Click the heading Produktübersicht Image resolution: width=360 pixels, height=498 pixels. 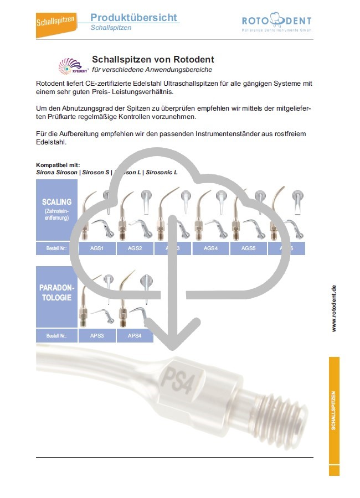click(135, 17)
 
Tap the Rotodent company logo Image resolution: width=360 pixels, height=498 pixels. click(276, 24)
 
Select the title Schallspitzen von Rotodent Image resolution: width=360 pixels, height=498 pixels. click(153, 59)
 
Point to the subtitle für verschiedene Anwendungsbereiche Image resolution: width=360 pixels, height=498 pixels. click(152, 70)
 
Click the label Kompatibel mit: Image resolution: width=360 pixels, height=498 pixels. click(58, 165)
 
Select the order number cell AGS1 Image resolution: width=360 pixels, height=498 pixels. click(97, 248)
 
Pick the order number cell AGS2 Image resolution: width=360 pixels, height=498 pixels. click(135, 248)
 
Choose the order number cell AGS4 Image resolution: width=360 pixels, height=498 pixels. click(210, 248)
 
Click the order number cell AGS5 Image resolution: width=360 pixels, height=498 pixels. click(248, 248)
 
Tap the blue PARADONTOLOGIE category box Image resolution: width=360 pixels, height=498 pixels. click(56, 297)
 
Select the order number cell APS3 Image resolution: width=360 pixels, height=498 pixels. click(97, 335)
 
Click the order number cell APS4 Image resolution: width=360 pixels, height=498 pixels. click(135, 335)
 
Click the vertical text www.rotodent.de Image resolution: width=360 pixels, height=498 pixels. click(334, 309)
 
